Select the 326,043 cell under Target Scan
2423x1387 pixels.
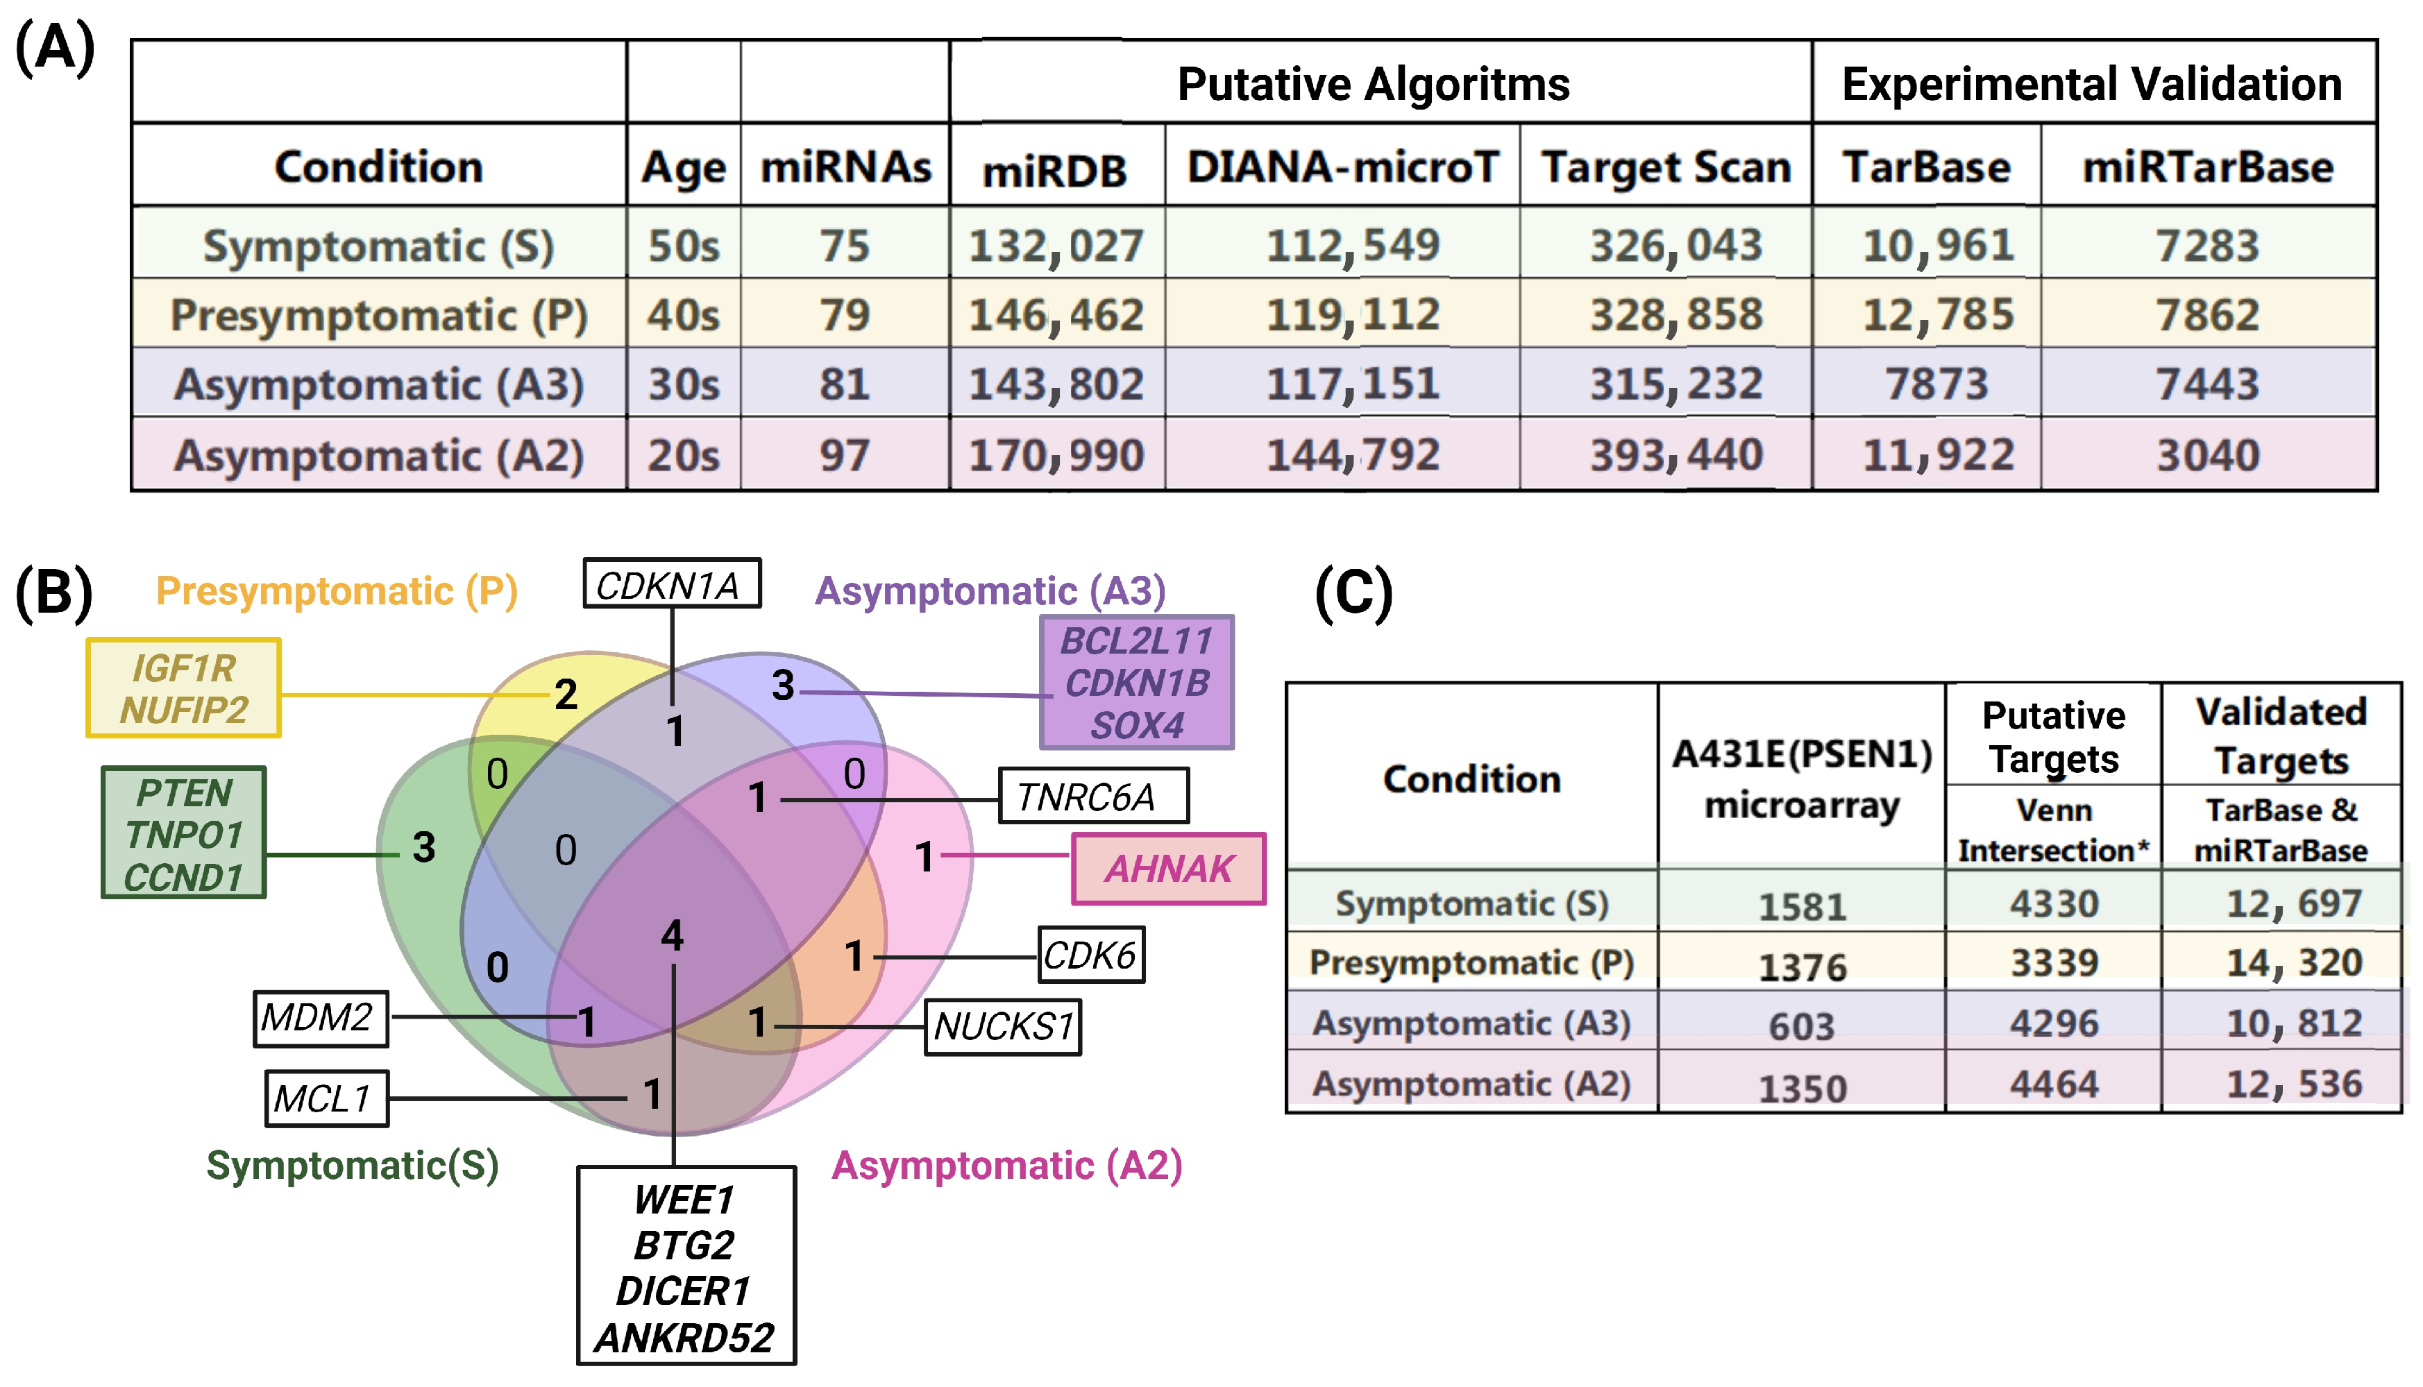(1676, 246)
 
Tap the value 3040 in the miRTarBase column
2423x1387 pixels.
(2208, 455)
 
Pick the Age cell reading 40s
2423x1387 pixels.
(683, 315)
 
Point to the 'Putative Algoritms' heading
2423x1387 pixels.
(1373, 84)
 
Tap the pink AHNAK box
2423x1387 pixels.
(1168, 869)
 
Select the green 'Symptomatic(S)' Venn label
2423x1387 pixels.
(353, 1165)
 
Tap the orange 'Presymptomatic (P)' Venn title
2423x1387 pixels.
(337, 590)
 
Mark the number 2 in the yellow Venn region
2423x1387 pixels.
(566, 695)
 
